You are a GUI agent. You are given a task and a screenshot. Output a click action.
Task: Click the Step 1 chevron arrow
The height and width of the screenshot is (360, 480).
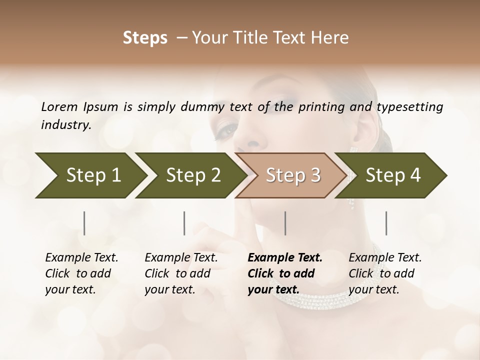click(90, 175)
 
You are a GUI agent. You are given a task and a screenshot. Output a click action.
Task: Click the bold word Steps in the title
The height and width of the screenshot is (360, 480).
click(145, 38)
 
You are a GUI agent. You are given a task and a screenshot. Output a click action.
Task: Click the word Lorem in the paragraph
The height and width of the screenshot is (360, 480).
click(59, 106)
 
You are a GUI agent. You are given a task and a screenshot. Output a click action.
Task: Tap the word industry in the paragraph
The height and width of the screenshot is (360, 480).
click(65, 125)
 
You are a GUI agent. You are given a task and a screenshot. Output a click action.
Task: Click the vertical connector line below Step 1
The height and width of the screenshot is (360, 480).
click(84, 223)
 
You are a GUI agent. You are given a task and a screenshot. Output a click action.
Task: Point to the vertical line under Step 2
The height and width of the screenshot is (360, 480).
click(184, 223)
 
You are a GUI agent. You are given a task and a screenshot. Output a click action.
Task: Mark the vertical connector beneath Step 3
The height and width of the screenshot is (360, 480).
click(285, 223)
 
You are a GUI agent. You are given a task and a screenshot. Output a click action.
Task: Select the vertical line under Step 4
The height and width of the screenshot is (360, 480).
click(386, 223)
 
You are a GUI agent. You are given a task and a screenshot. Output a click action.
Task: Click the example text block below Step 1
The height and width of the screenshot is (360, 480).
click(81, 273)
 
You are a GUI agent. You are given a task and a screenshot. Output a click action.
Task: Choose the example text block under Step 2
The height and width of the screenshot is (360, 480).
click(181, 273)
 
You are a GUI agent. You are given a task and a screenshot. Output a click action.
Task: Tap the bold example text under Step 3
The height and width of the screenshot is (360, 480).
click(285, 273)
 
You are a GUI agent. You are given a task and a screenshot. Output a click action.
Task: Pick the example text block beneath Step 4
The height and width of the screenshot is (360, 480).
click(385, 273)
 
